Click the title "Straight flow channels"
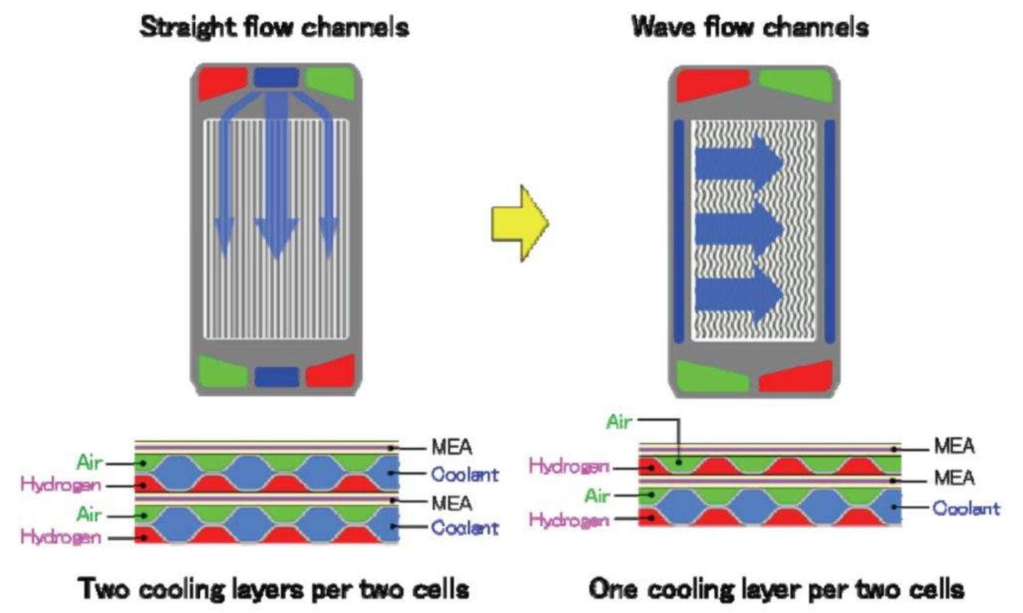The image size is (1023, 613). point(274,28)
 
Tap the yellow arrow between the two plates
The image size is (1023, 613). point(520,223)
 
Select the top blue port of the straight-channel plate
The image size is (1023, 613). point(276,77)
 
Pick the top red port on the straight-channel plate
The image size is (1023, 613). point(222,82)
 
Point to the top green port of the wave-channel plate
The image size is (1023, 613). point(795,85)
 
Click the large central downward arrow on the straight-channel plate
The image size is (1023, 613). point(276,176)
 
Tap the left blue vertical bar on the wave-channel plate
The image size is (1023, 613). point(679,231)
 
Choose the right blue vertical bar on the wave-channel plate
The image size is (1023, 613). point(830,231)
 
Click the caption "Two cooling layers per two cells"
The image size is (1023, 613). point(274,589)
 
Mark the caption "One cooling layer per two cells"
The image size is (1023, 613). point(776,589)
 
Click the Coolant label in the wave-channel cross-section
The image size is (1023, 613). point(966,508)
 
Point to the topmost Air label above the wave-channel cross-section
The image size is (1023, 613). point(619,422)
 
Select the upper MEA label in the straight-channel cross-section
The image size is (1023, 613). point(451,447)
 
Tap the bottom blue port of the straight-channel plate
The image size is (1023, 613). point(277,377)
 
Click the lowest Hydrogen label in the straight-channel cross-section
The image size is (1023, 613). point(61,537)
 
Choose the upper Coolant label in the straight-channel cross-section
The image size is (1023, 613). point(465,475)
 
